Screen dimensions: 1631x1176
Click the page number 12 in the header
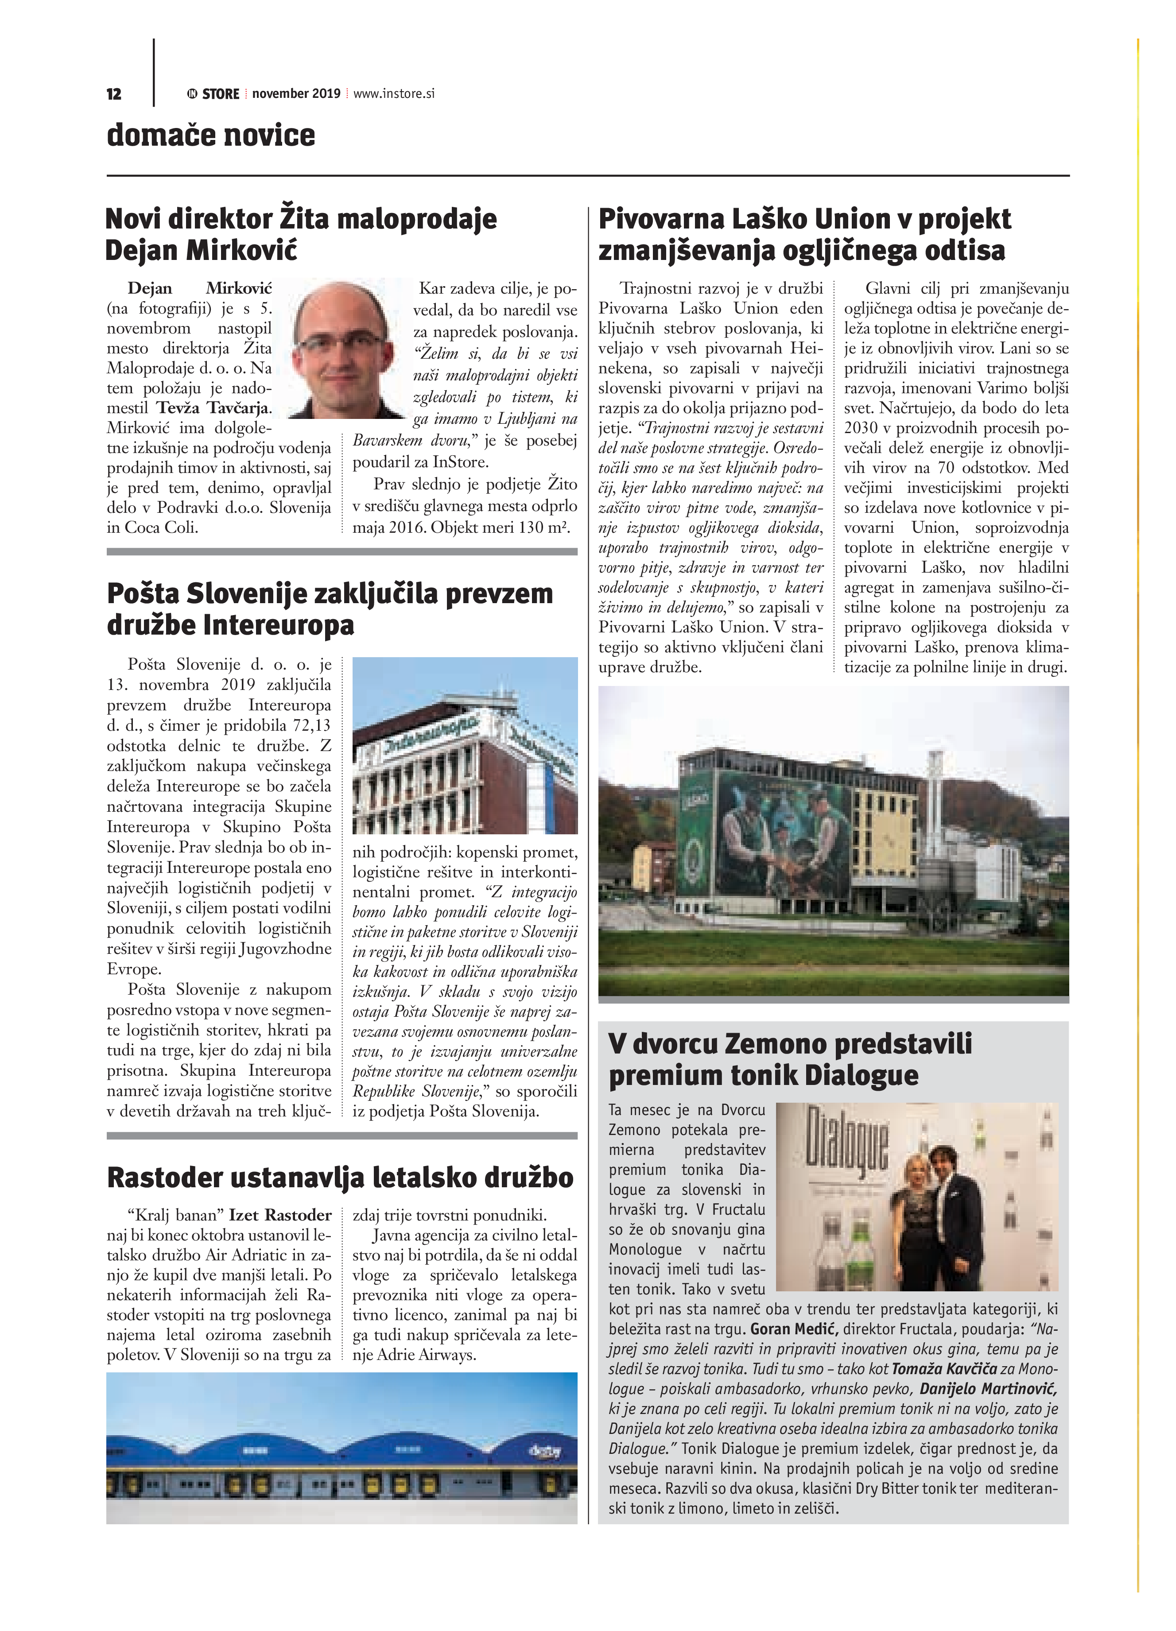pos(114,94)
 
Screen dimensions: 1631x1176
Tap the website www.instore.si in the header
pos(394,93)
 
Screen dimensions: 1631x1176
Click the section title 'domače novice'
pos(211,135)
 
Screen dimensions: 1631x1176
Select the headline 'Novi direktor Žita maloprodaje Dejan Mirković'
pos(301,234)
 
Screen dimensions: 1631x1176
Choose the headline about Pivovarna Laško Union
pos(804,234)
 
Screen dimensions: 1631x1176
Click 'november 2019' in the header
pos(295,93)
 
